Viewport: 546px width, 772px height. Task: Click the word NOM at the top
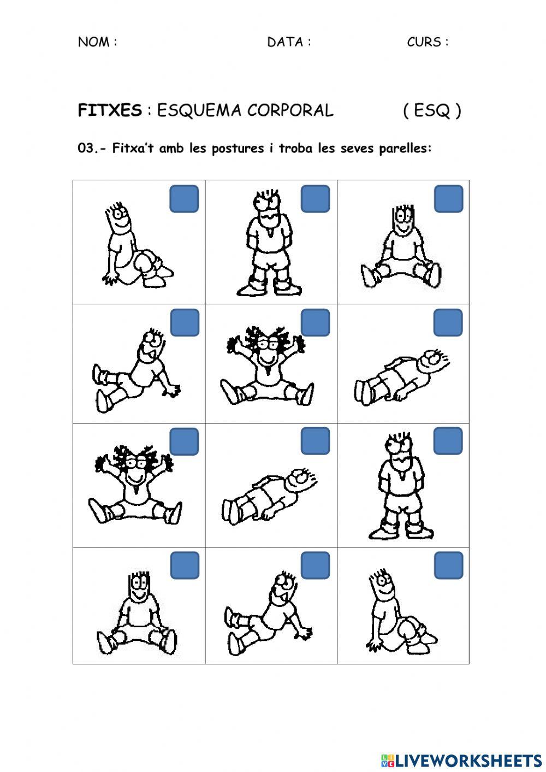coord(93,42)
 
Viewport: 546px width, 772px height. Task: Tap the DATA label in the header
coord(286,42)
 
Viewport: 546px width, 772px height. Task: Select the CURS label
coord(424,42)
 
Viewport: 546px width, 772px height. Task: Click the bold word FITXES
coord(110,111)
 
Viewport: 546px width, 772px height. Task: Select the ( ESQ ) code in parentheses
coord(432,111)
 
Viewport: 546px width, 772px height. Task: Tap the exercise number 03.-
coord(93,149)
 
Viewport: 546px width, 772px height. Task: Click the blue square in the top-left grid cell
coord(184,199)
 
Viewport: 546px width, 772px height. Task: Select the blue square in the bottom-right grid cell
coord(448,565)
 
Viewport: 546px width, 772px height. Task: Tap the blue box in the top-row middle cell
coord(316,199)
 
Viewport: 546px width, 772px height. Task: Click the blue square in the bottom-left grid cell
coord(184,565)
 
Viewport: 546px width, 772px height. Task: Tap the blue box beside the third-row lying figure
coord(316,441)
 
